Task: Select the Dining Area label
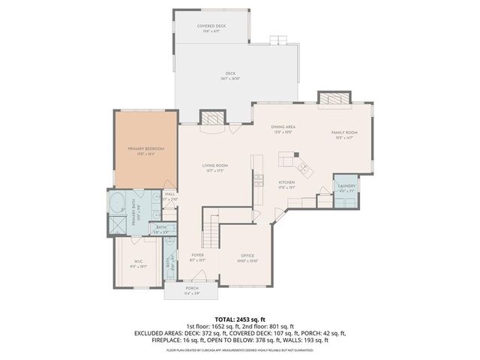282,127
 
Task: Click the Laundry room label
346,186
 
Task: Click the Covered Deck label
211,27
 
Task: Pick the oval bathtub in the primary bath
118,202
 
